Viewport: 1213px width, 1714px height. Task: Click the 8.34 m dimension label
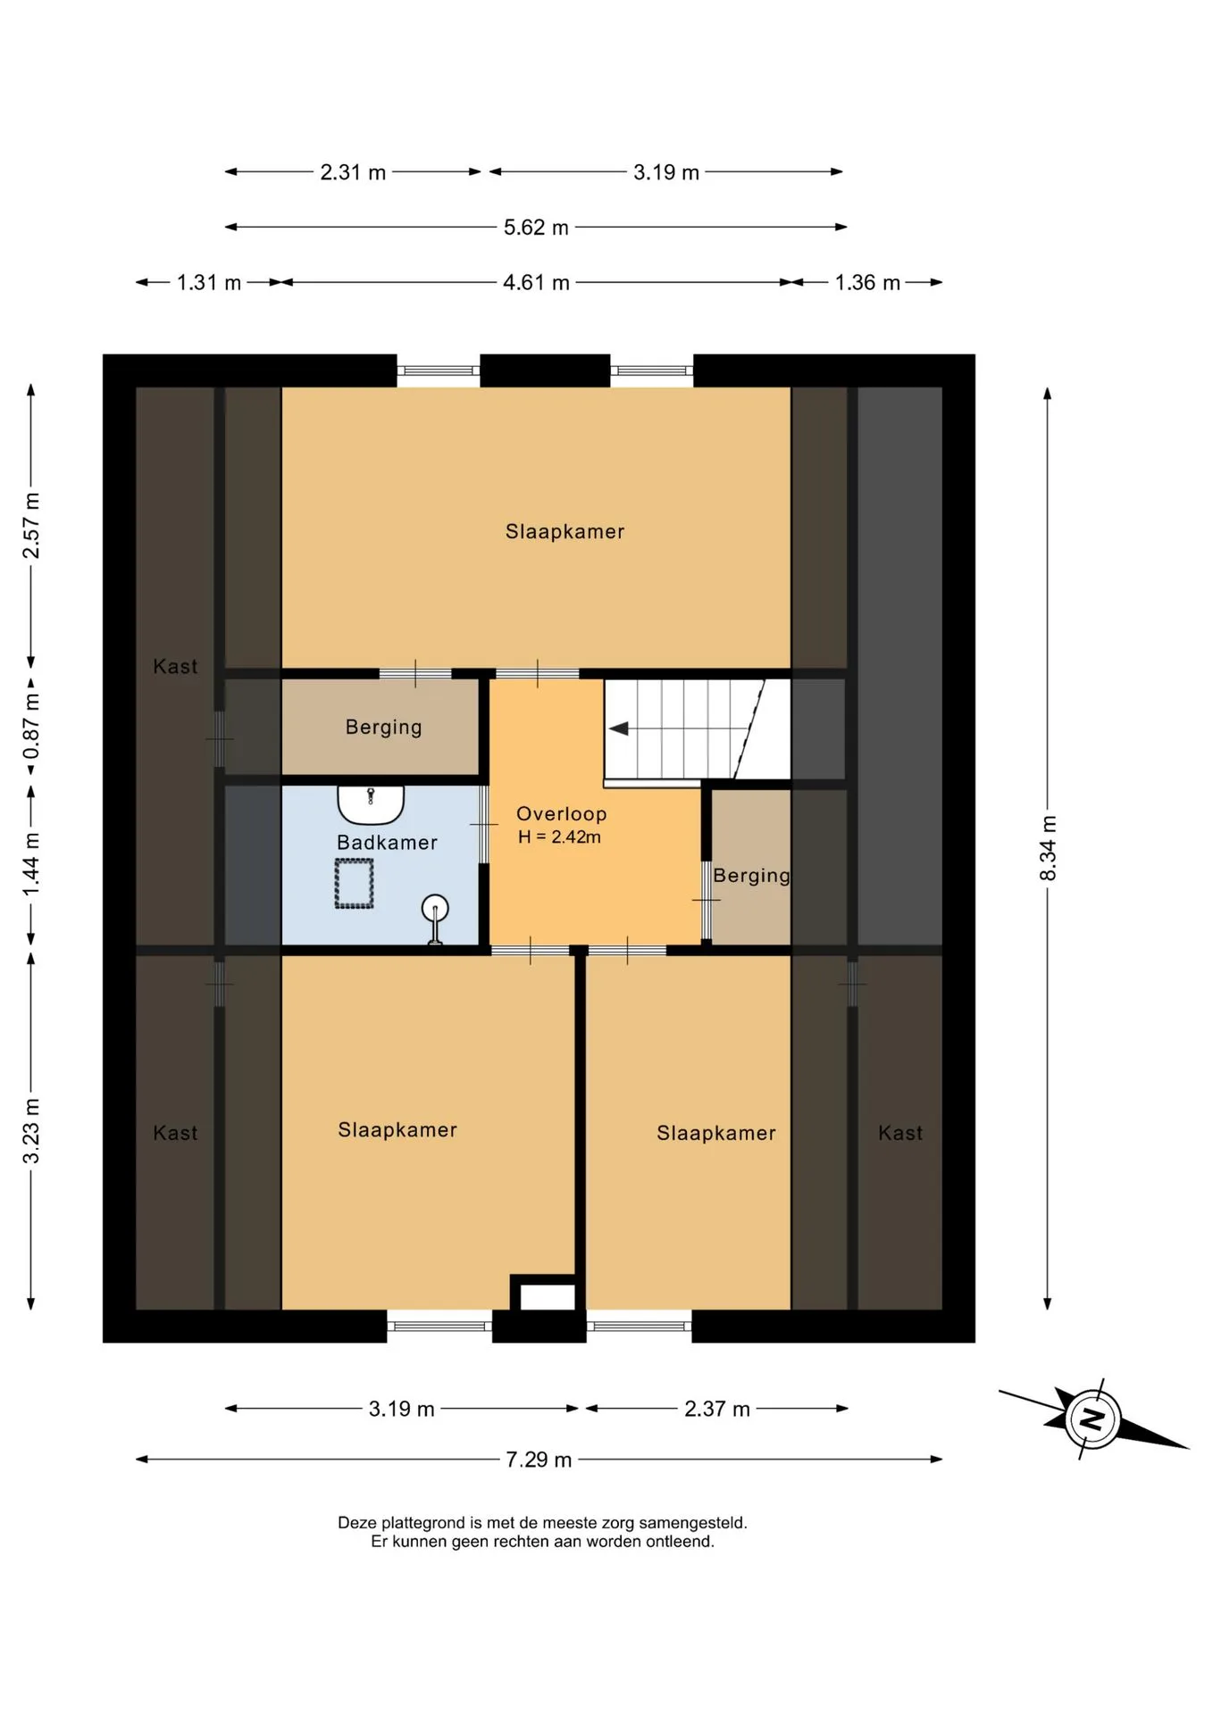pyautogui.click(x=1048, y=848)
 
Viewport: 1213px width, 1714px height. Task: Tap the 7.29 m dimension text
pyautogui.click(x=539, y=1460)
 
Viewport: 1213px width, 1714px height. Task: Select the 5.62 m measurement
pyautogui.click(x=536, y=228)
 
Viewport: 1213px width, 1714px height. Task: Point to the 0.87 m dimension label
pyautogui.click(x=31, y=726)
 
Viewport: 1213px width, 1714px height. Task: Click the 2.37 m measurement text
pyautogui.click(x=717, y=1409)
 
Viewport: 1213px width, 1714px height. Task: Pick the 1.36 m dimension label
pyautogui.click(x=867, y=283)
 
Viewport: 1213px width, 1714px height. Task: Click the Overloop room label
pyautogui.click(x=562, y=814)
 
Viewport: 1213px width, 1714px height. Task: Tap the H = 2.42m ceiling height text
pyautogui.click(x=560, y=837)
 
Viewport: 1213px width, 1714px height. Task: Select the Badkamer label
pyautogui.click(x=387, y=843)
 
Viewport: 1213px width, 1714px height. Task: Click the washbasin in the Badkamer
pyautogui.click(x=371, y=803)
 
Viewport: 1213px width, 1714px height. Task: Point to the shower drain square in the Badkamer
pyautogui.click(x=354, y=884)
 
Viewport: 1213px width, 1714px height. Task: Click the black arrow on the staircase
pyautogui.click(x=619, y=729)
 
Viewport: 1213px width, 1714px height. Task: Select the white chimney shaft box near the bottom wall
pyautogui.click(x=548, y=1296)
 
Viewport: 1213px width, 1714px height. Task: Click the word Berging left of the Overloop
pyautogui.click(x=384, y=728)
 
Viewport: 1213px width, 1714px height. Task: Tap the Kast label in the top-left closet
pyautogui.click(x=175, y=667)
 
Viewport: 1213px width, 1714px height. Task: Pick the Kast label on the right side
pyautogui.click(x=900, y=1134)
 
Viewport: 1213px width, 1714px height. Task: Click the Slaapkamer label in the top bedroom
pyautogui.click(x=565, y=532)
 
